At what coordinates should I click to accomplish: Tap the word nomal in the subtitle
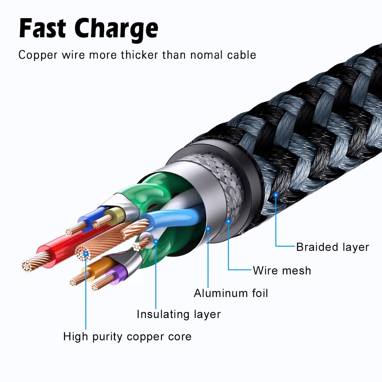point(205,55)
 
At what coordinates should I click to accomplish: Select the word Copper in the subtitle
point(37,55)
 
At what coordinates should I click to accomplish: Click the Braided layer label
point(332,247)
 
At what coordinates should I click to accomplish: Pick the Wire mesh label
point(282,270)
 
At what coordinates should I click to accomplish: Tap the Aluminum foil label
point(231,293)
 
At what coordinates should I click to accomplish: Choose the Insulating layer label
point(178,314)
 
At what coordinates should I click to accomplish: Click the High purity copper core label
point(127,336)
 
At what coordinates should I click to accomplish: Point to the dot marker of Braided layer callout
point(276,194)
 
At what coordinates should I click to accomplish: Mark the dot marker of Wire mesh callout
point(228,221)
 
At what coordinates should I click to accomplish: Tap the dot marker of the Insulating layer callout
point(156,241)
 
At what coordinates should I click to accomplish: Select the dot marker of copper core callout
point(86,253)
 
